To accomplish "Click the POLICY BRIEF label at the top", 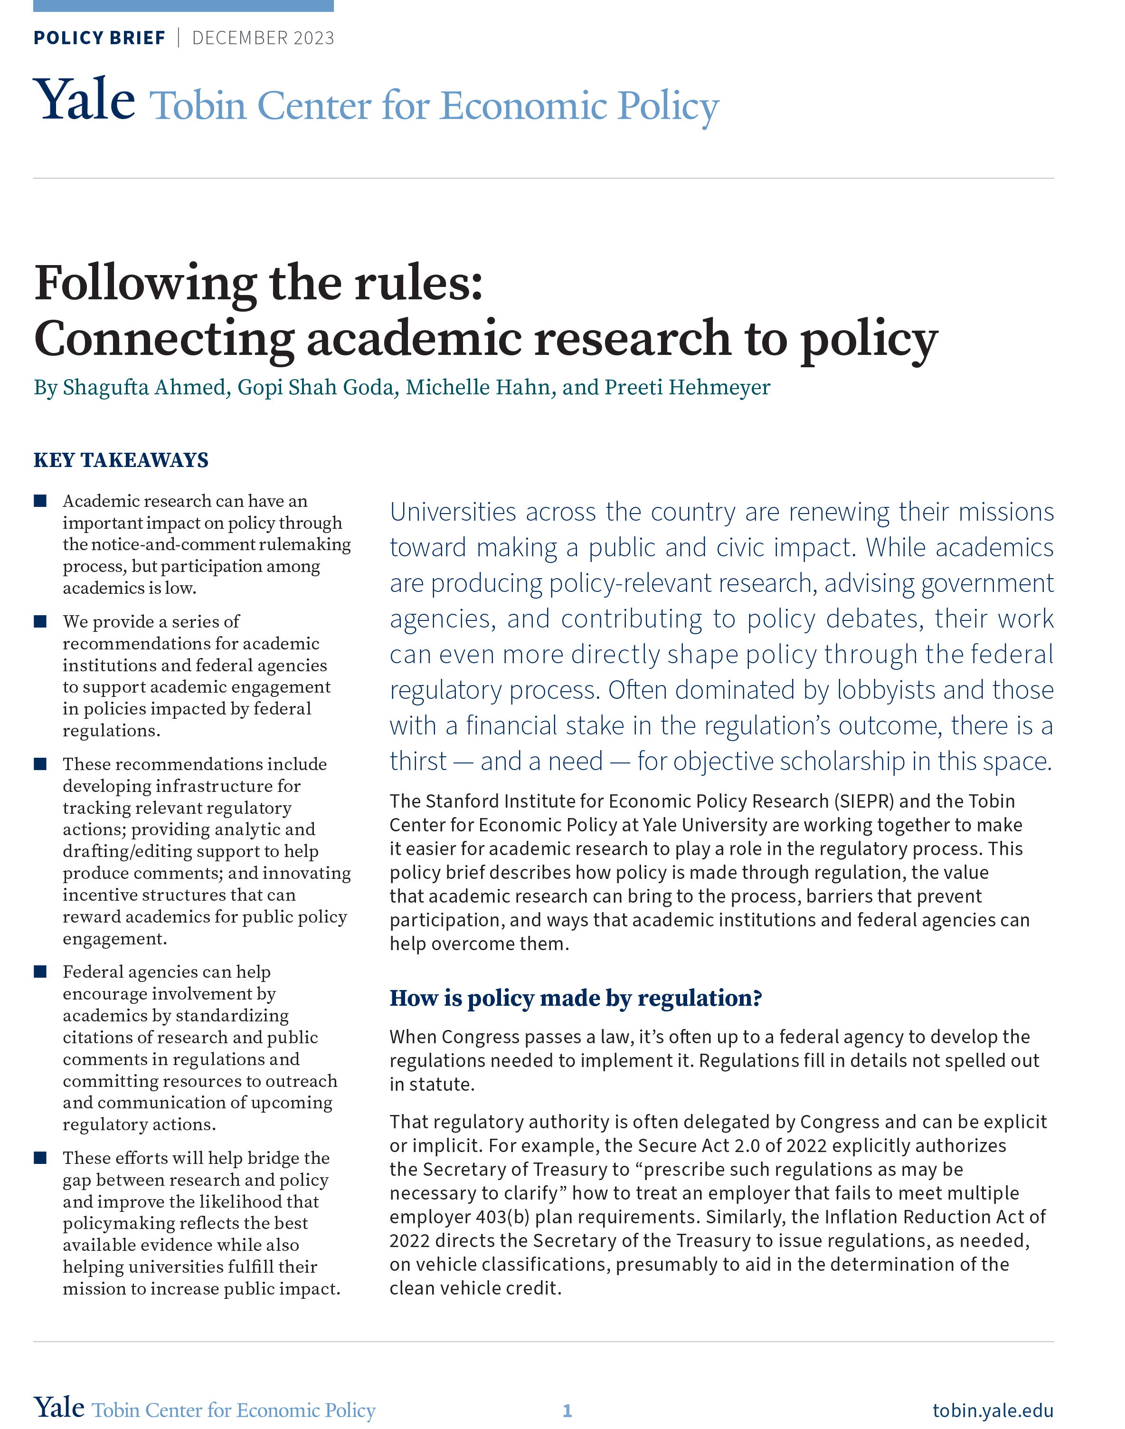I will pos(99,38).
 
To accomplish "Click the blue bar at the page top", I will pos(183,6).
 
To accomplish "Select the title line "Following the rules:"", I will pos(258,283).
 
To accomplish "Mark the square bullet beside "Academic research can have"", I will pos(40,501).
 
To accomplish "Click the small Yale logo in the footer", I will pos(59,1408).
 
